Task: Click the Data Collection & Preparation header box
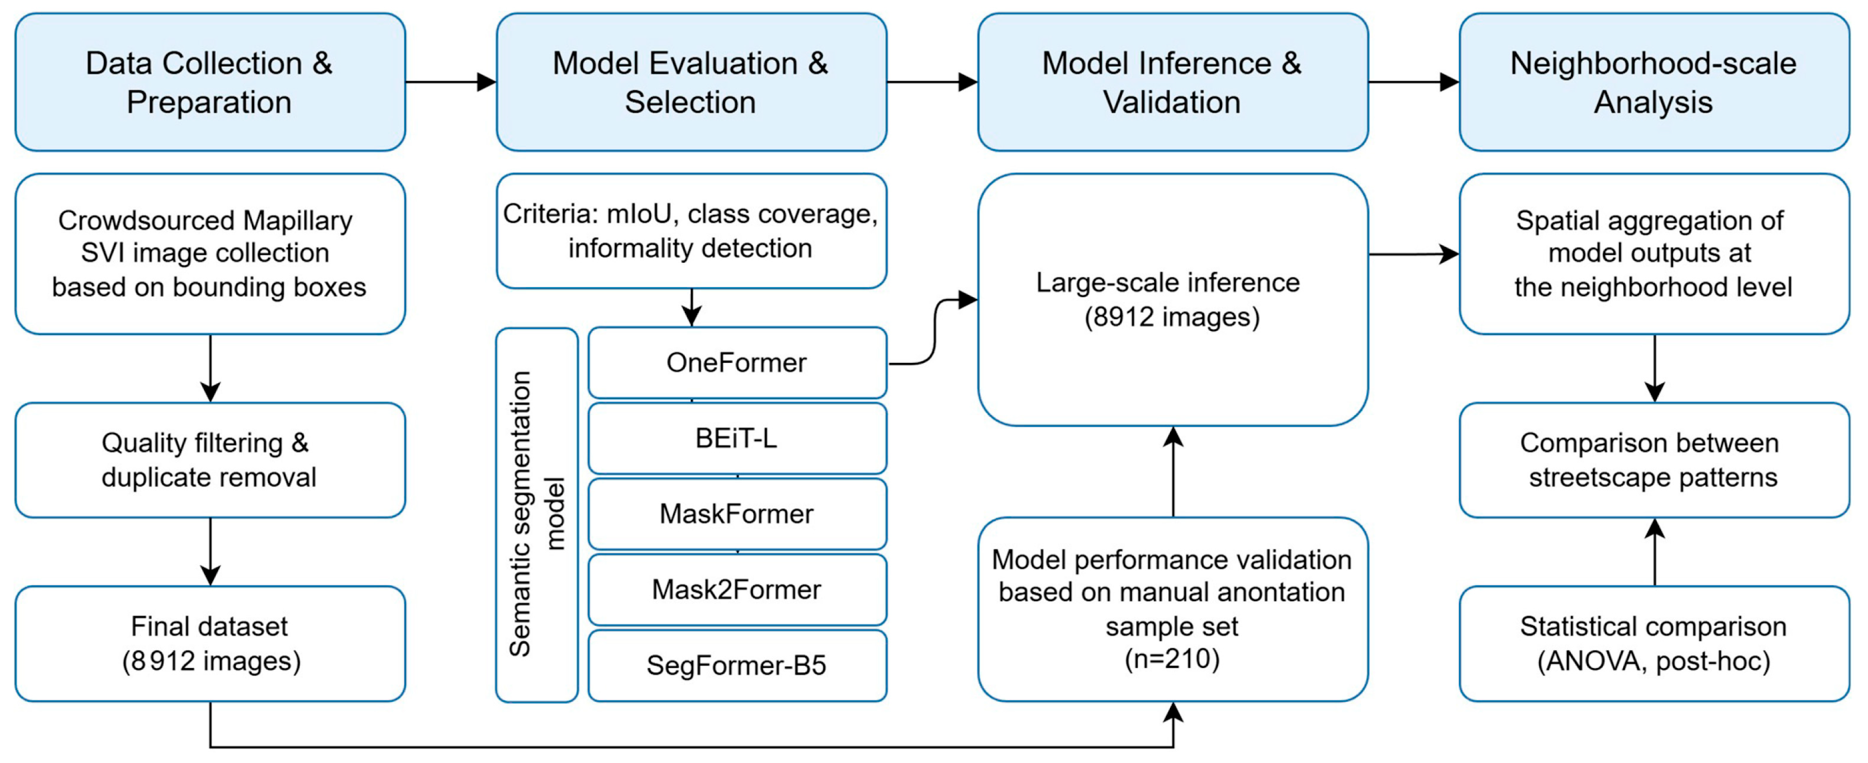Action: click(x=210, y=82)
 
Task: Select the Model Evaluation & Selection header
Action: click(x=691, y=82)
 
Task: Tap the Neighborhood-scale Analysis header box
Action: click(x=1654, y=82)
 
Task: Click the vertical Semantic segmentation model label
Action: click(x=537, y=514)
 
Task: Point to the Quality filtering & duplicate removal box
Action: click(x=210, y=460)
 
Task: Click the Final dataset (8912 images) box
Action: click(x=210, y=643)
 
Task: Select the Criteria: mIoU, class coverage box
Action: click(x=691, y=231)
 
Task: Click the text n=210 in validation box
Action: click(x=1172, y=659)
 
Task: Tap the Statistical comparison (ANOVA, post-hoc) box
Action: click(x=1654, y=643)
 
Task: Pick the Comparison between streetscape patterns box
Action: click(x=1654, y=460)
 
